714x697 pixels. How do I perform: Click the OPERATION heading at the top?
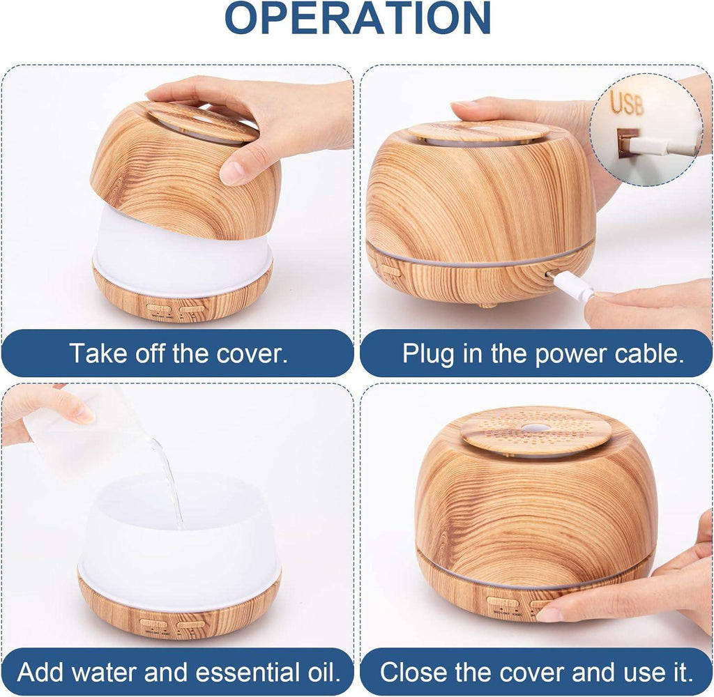(x=357, y=20)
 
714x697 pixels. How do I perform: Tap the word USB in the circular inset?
(x=628, y=103)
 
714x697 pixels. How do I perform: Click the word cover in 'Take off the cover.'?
(x=255, y=353)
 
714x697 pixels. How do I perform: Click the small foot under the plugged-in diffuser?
(x=486, y=305)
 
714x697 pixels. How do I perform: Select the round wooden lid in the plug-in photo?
(x=478, y=131)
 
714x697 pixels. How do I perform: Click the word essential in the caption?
(x=247, y=673)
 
